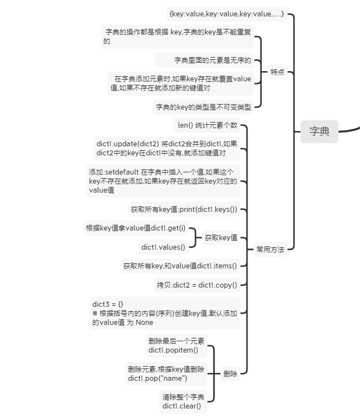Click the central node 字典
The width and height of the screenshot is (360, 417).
pos(319,132)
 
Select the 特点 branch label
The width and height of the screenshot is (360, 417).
pos(277,72)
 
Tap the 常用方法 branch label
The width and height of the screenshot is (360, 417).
pos(270,249)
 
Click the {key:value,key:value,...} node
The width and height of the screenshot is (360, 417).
pos(227,14)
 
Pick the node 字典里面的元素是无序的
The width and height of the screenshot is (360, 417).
pos(212,60)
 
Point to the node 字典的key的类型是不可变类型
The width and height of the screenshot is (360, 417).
pos(203,106)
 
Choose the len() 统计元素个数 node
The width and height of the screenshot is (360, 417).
pos(207,125)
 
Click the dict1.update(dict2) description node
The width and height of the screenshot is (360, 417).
pos(167,148)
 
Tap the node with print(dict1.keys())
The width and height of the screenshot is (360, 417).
pos(184,209)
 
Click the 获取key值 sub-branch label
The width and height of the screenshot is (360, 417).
pos(221,238)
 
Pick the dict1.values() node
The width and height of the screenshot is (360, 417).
pos(163,247)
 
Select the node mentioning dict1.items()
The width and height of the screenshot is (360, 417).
pos(180,266)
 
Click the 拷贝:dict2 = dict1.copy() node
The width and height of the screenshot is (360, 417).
pos(197,285)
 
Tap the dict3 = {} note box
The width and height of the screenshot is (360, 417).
pos(165,313)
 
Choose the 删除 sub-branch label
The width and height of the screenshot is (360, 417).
pos(230,373)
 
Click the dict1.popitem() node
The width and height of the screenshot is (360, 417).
pos(176,345)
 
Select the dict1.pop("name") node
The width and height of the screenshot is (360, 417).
pos(166,373)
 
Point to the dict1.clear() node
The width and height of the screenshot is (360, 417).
pos(183,401)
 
